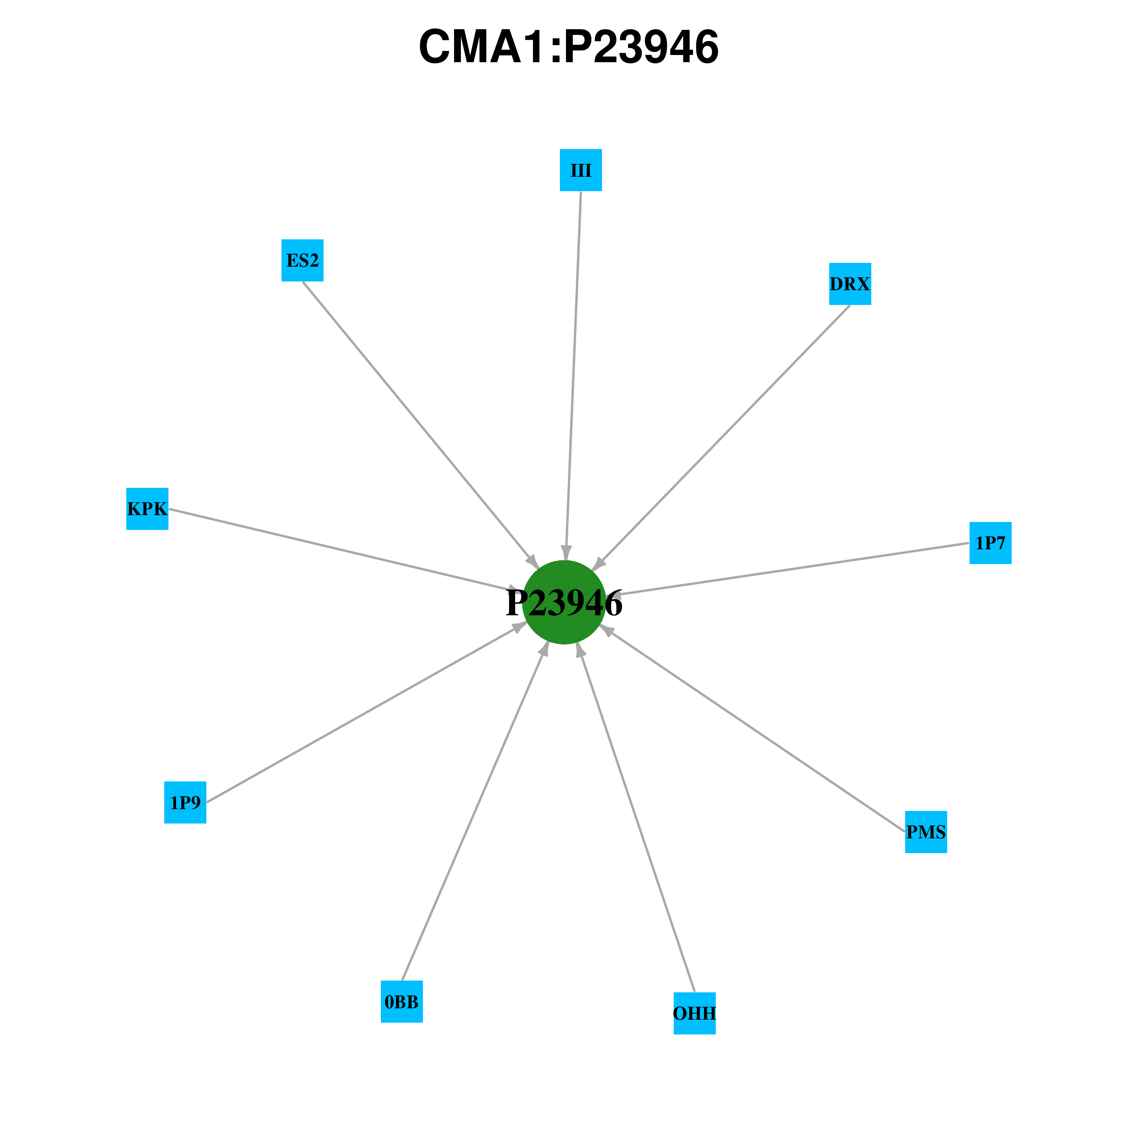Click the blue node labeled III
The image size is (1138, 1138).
tap(581, 170)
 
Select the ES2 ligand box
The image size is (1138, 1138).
tap(302, 260)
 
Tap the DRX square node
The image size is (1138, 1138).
tap(850, 284)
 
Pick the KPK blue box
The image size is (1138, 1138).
tap(147, 509)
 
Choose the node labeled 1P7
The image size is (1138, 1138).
tap(990, 543)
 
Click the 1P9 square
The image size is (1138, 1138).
tap(185, 802)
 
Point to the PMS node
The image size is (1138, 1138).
tap(926, 832)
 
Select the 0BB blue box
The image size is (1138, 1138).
tap(402, 1001)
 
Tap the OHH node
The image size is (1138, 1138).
tap(695, 1013)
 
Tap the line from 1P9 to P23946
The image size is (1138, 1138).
tap(367, 713)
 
